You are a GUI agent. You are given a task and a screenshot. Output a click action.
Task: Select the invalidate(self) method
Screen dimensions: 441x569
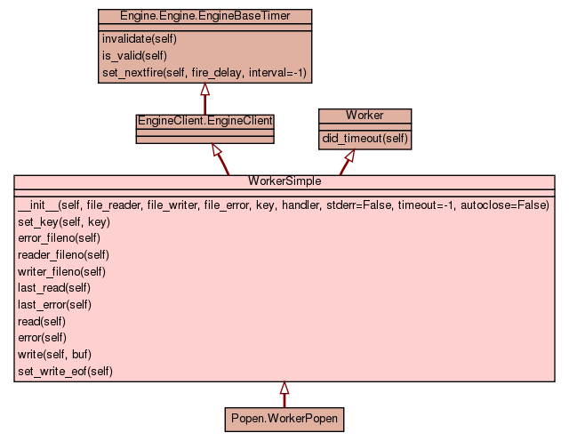pyautogui.click(x=140, y=39)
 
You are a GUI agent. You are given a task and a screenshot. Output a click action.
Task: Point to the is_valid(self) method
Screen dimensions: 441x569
pyautogui.click(x=135, y=55)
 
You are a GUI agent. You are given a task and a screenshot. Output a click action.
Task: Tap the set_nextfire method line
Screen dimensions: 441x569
pyautogui.click(x=204, y=72)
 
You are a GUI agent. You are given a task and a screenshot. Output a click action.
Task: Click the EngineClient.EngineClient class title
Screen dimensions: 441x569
pyautogui.click(x=204, y=120)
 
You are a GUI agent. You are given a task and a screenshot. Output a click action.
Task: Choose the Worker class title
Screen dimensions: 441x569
pyautogui.click(x=365, y=116)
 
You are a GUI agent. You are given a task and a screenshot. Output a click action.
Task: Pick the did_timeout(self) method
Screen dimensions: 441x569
pyautogui.click(x=365, y=138)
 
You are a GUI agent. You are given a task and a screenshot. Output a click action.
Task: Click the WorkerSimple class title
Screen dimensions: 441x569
pyautogui.click(x=284, y=181)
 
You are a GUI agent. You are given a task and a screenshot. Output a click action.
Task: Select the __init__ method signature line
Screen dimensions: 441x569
pyautogui.click(x=283, y=205)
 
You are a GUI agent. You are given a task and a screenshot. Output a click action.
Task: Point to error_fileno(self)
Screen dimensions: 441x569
pyautogui.click(x=59, y=238)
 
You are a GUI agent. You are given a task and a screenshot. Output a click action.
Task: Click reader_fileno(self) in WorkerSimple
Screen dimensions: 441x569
pyautogui.click(x=62, y=254)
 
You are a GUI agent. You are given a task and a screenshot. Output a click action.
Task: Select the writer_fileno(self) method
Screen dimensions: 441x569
pyautogui.click(x=61, y=271)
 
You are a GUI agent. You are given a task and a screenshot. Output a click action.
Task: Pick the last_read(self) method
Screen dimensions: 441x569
pyautogui.click(x=54, y=288)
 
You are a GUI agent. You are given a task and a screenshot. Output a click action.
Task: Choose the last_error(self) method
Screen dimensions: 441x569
pyautogui.click(x=56, y=304)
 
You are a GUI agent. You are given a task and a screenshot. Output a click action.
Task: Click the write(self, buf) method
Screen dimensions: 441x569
pyautogui.click(x=54, y=354)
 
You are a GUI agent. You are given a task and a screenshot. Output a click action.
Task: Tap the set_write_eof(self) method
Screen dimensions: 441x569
pyautogui.click(x=66, y=370)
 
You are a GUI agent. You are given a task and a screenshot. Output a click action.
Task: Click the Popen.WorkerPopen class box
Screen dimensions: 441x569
pyautogui.click(x=284, y=418)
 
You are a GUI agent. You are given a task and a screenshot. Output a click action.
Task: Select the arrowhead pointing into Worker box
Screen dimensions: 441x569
pyautogui.click(x=349, y=156)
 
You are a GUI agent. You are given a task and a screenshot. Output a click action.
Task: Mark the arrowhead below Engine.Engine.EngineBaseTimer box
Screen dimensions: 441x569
pyautogui.click(x=204, y=90)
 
